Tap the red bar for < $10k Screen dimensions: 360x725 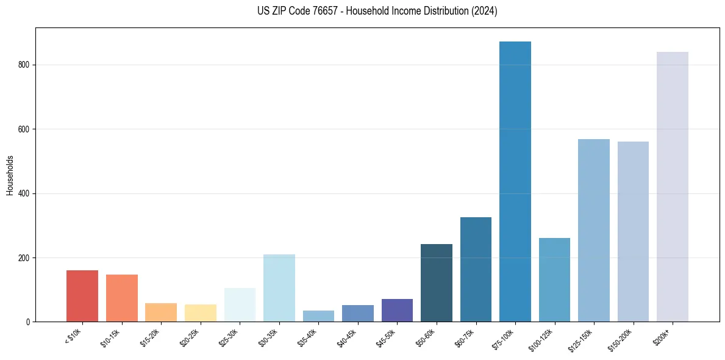pyautogui.click(x=82, y=296)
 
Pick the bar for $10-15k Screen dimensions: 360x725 pyautogui.click(x=121, y=298)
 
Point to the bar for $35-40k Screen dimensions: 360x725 pyautogui.click(x=318, y=316)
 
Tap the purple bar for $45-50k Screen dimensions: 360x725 pyautogui.click(x=397, y=310)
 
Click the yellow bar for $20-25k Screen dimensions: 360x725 pyautogui.click(x=200, y=313)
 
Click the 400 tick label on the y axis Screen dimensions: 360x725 pyautogui.click(x=24, y=193)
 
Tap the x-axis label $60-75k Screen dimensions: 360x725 pyautogui.click(x=465, y=337)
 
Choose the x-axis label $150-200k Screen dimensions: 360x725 pyautogui.click(x=620, y=339)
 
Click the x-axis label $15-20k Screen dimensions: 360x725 pyautogui.click(x=150, y=337)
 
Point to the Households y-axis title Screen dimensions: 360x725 pyautogui.click(x=10, y=175)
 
